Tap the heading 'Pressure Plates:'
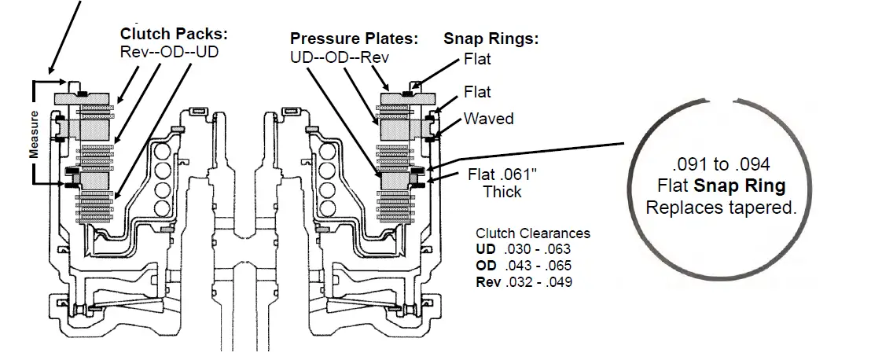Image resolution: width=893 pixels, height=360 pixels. point(354,39)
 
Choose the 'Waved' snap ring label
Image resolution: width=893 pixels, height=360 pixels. point(488,119)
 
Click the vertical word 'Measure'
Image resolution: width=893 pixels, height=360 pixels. point(35,134)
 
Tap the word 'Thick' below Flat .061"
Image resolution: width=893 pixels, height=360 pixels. point(502,191)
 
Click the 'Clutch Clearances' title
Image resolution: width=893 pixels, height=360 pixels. point(532,233)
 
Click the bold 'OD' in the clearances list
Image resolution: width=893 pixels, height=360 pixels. point(486,266)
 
